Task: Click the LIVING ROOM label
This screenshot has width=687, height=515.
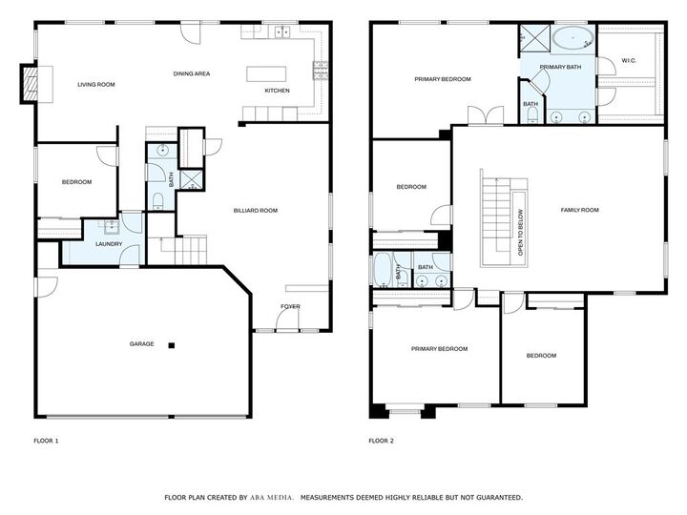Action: coord(95,85)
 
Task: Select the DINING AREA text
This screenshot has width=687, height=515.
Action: coord(191,73)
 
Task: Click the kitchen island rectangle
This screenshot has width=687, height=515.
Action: coord(266,73)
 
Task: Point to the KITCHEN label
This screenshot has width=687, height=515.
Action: coord(277,92)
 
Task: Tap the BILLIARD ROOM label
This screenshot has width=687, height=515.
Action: coord(255,210)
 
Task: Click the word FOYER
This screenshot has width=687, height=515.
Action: coord(290,306)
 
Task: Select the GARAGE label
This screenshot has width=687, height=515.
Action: coord(142,343)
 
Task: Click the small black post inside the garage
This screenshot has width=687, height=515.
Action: coord(172,344)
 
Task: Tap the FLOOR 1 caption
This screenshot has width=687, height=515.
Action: coord(46,441)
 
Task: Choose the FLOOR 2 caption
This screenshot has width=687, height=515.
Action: coord(382,441)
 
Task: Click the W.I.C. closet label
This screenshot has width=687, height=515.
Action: coord(629,61)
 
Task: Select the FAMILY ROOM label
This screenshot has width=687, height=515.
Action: coord(579,210)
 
